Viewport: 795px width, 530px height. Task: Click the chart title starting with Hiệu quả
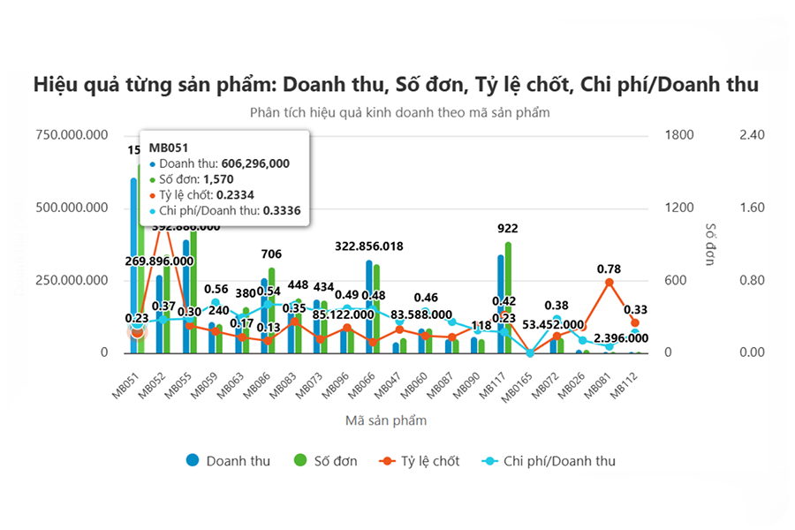pos(397,85)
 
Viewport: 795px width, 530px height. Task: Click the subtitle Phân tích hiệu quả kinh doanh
pos(399,113)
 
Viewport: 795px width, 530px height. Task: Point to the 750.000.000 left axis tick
pos(72,134)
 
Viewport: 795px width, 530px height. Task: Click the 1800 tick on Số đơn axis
pos(679,134)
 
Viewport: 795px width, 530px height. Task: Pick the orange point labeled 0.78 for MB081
pos(609,282)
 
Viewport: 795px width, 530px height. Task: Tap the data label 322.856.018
pos(382,246)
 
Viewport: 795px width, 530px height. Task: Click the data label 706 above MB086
pos(272,254)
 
